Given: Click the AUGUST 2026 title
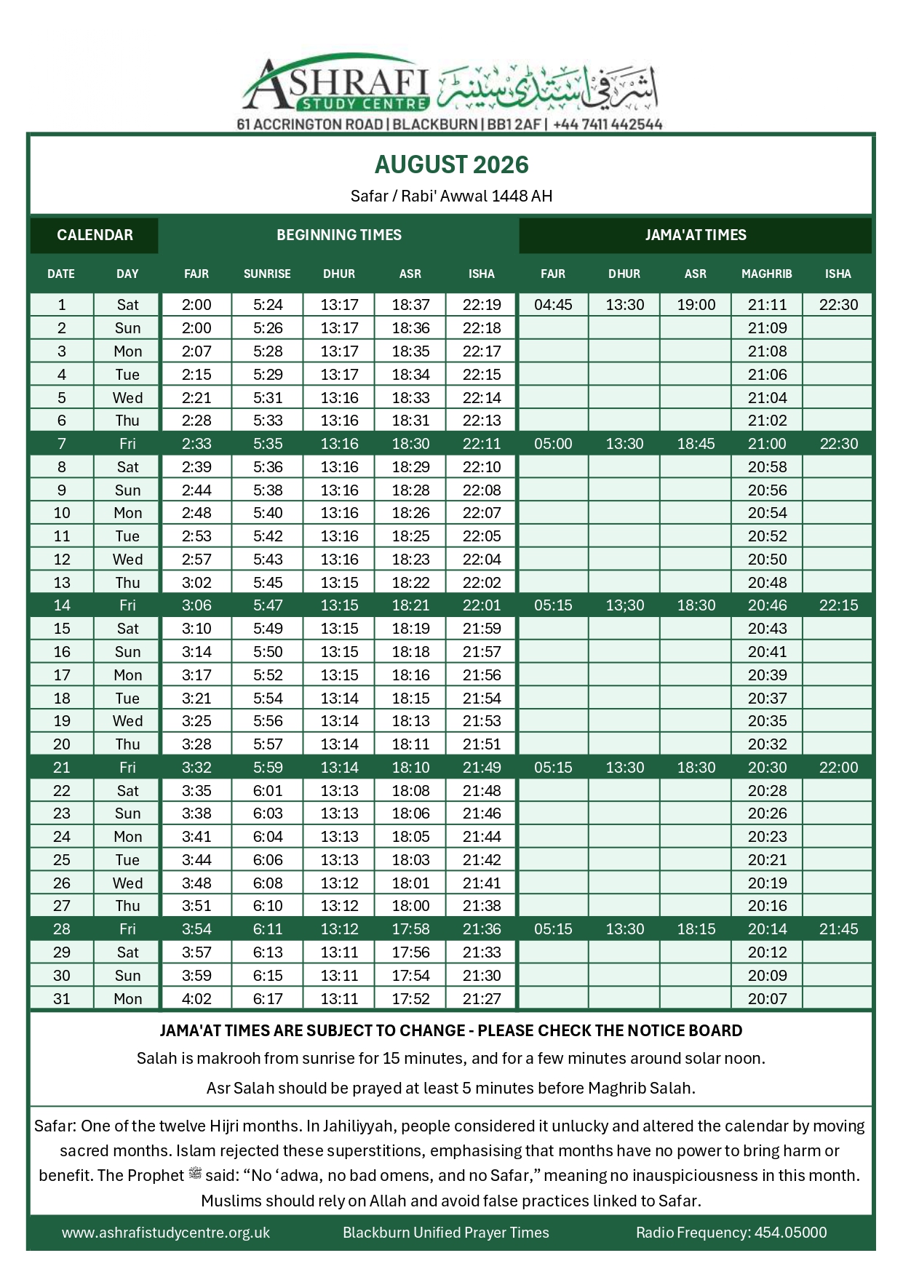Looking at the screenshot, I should click(x=451, y=165).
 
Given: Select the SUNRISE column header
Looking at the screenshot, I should click(x=267, y=274).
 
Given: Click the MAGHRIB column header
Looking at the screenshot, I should click(x=766, y=274).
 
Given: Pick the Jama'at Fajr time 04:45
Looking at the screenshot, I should click(x=553, y=305).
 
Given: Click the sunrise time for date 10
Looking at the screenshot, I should click(x=268, y=513).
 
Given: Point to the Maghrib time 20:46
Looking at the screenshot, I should click(x=767, y=605).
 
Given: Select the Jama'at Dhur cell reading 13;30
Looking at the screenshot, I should click(x=624, y=605).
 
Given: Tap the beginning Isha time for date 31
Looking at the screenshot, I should click(x=482, y=999).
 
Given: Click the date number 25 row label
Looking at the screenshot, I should click(x=62, y=860).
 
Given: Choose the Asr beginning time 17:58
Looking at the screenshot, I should click(x=410, y=929).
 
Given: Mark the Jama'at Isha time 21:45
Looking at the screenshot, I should click(x=838, y=929).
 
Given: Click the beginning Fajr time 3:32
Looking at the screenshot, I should click(x=196, y=768).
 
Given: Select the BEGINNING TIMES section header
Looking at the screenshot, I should click(x=338, y=235).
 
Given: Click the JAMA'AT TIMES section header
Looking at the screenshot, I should click(x=695, y=235).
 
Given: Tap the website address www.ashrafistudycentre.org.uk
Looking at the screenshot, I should click(x=166, y=1233).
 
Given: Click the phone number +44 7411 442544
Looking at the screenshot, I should click(x=608, y=124).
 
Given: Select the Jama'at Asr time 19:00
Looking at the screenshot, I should click(x=696, y=305).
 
